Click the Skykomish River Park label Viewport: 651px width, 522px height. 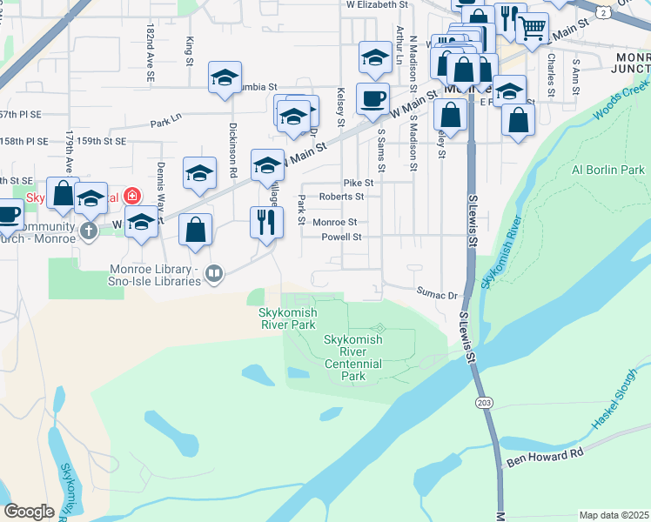pos(286,318)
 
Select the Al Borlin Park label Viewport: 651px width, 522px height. pos(607,170)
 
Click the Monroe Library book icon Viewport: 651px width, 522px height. pos(213,275)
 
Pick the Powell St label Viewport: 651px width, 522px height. pos(341,237)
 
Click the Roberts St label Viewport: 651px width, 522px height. pos(341,197)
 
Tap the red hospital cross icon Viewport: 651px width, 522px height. pos(131,197)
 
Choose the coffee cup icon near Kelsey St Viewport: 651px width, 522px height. pos(373,98)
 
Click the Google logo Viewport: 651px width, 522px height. pos(29,512)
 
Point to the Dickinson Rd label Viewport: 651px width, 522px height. pos(232,144)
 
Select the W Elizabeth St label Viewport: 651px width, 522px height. pos(377,5)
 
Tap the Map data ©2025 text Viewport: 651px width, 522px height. pos(614,515)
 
